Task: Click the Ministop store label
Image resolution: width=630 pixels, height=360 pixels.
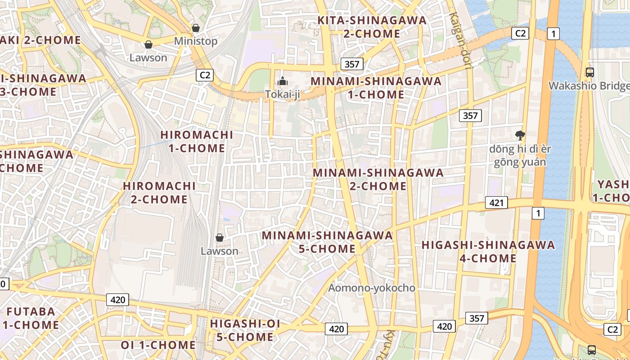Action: [x=196, y=41]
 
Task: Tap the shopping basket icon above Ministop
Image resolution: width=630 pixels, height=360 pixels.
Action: [x=196, y=28]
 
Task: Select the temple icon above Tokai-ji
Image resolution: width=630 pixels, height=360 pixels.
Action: [x=283, y=81]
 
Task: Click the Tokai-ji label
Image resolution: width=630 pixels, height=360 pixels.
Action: [x=283, y=94]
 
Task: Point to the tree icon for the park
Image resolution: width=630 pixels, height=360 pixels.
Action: [x=520, y=135]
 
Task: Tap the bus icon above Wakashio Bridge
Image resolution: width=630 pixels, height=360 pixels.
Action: [x=589, y=72]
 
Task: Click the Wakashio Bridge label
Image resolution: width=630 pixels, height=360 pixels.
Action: [x=589, y=86]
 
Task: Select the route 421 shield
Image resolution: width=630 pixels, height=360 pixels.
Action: [x=496, y=203]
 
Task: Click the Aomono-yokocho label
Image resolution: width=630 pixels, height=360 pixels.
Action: [x=372, y=288]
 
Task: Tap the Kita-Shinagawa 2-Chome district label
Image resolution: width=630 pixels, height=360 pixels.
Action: [x=372, y=27]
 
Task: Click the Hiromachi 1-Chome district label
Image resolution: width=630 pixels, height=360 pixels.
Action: [x=197, y=141]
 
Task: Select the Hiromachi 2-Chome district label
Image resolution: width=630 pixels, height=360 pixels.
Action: [x=159, y=193]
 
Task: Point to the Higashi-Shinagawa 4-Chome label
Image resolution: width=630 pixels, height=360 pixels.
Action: [x=488, y=252]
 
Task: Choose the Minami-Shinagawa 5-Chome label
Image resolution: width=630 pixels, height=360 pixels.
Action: [x=328, y=242]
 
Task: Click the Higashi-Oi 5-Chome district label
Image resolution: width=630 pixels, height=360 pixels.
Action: [x=245, y=330]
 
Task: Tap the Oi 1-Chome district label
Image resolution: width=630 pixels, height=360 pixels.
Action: [x=158, y=345]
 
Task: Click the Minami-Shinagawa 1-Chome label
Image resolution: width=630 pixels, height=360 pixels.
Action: [x=376, y=88]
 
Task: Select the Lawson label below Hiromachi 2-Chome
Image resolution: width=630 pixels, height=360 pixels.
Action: [x=220, y=251]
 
